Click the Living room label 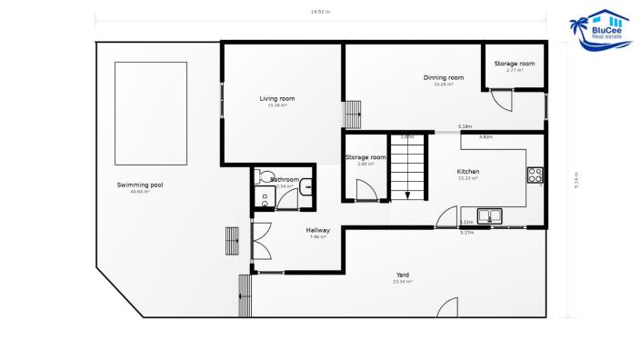point(276,98)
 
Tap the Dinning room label point(444,77)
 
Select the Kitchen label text point(468,171)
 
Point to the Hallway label point(317,230)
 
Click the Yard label point(403,275)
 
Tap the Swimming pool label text point(140,185)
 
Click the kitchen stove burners point(536,175)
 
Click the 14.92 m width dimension point(320,12)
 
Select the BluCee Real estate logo point(599,33)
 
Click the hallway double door point(263,243)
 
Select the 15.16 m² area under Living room point(276,105)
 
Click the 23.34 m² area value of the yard point(403,282)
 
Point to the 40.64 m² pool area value point(140,192)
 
